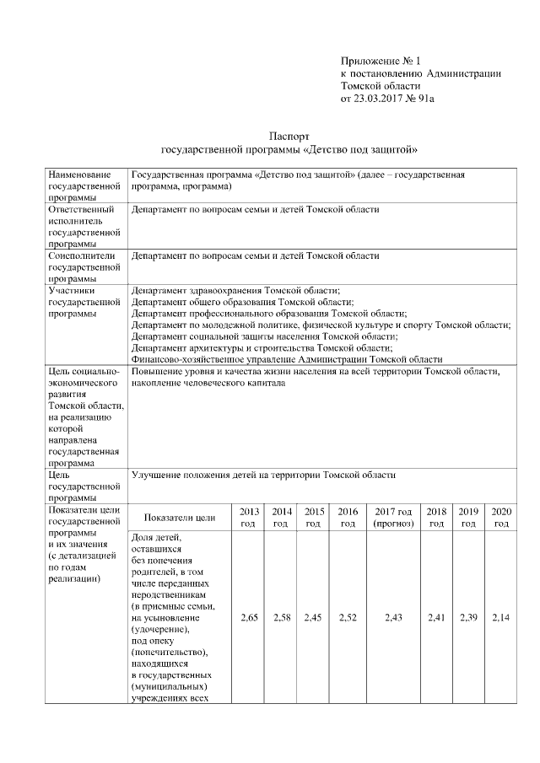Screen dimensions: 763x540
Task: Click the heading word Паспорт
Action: tap(290, 136)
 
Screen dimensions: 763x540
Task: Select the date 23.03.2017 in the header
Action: tap(377, 99)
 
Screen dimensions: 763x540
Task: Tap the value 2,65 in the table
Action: tap(249, 618)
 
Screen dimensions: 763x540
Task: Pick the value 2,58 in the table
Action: tap(282, 618)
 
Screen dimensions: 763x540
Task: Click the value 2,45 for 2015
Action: tap(314, 618)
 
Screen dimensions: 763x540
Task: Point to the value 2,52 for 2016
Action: tap(348, 618)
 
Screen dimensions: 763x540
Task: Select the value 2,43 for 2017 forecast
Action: tap(393, 618)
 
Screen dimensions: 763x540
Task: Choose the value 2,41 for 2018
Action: tap(437, 618)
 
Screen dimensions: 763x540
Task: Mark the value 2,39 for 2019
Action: tap(468, 618)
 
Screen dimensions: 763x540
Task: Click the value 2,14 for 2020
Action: tap(501, 618)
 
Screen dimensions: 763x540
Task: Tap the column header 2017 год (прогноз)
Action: tap(393, 518)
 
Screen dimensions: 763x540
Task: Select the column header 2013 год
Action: tap(249, 518)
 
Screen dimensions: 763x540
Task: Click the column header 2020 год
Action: tap(501, 518)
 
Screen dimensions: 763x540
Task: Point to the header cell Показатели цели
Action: tap(180, 518)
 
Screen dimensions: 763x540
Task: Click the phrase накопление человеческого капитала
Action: tap(208, 383)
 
